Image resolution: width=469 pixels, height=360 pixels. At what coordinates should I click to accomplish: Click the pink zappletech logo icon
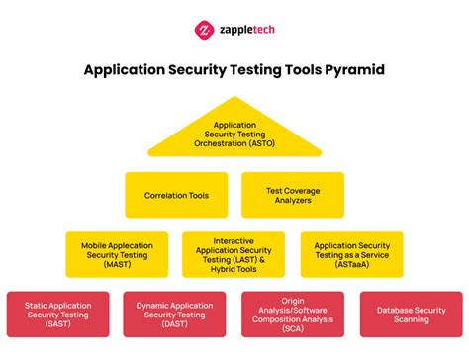coord(205,30)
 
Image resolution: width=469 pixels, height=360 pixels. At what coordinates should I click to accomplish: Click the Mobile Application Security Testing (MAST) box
coord(118,255)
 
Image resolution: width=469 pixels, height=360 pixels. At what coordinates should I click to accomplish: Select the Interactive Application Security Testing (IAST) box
coord(234,255)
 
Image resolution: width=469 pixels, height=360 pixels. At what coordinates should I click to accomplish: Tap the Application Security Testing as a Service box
coord(351,255)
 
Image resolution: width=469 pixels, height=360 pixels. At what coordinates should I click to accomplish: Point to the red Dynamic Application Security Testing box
coord(176,315)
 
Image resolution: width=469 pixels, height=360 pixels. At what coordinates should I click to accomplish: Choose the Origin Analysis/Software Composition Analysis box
coord(293,315)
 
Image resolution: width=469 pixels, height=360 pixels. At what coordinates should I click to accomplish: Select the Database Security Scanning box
coord(410,315)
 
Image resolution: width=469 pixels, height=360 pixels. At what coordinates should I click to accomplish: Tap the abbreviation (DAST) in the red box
coord(176,322)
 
